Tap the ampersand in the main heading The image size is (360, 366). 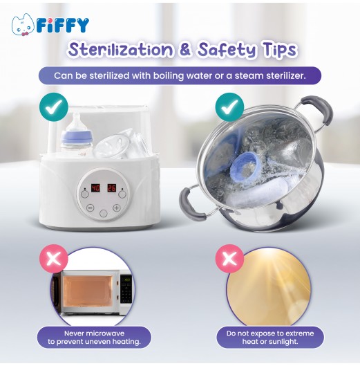[x=185, y=50]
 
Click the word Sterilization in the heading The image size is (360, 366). [x=121, y=49]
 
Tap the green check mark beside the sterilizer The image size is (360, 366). [x=54, y=107]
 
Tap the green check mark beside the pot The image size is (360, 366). [x=229, y=107]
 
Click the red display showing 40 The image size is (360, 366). [x=95, y=188]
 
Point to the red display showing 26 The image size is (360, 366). [x=111, y=188]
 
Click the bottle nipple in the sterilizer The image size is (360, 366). [x=77, y=120]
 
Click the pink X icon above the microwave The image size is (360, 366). [x=53, y=259]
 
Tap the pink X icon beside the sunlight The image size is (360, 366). [x=229, y=259]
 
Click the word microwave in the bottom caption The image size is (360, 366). [x=106, y=333]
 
